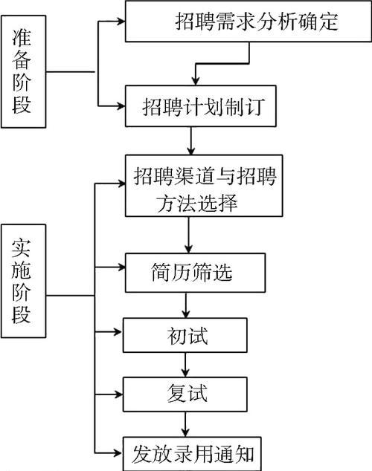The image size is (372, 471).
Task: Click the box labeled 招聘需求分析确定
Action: [248, 22]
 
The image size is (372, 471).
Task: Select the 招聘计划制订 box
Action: [201, 106]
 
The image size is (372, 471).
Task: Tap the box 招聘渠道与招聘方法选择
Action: [204, 186]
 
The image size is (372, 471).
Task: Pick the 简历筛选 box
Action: [195, 273]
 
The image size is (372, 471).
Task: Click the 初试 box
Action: [185, 335]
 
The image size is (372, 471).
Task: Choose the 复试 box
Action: [185, 394]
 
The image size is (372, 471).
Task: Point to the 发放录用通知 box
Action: [192, 454]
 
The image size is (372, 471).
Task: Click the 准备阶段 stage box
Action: [24, 72]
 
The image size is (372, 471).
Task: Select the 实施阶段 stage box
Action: [24, 281]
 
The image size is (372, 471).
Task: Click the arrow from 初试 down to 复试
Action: [185, 365]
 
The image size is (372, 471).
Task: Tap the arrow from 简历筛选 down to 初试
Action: [186, 305]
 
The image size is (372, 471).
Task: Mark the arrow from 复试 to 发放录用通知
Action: [185, 424]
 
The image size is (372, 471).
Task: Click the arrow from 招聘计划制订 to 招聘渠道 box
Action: [190, 140]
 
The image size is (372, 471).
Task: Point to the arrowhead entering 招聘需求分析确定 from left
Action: [121, 21]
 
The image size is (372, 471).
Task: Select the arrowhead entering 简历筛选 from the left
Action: [121, 267]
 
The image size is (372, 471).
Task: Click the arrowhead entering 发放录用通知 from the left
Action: [119, 452]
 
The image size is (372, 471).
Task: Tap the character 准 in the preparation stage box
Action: [22, 37]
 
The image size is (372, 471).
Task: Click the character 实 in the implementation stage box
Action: [22, 247]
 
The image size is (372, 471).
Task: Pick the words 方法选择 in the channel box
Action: [196, 203]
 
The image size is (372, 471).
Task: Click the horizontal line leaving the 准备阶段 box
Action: [71, 72]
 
